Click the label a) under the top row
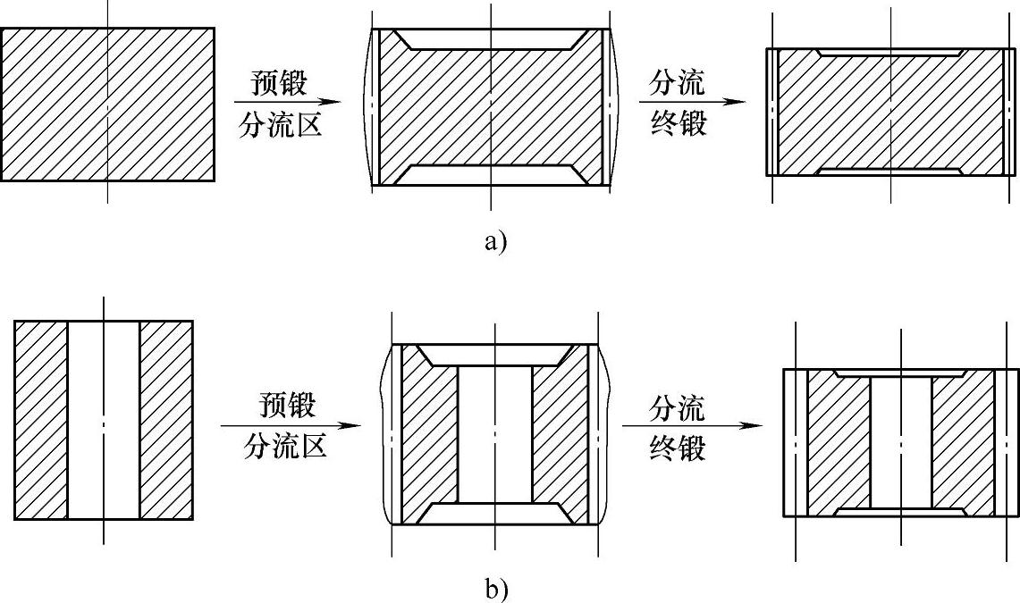pos(494,241)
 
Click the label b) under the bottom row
pos(494,590)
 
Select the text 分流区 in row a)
pos(280,125)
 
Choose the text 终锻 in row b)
pos(678,447)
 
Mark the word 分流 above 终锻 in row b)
pos(678,408)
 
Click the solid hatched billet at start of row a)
pos(107,104)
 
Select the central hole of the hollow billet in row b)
pos(104,420)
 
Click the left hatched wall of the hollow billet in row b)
pos(41,420)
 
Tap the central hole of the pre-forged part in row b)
pos(494,433)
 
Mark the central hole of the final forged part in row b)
pos(900,442)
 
